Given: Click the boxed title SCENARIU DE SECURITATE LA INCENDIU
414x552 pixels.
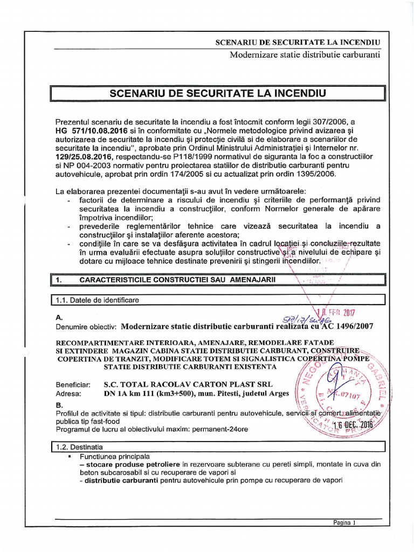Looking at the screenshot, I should (218, 93).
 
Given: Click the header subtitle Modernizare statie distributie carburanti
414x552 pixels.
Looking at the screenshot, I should (305, 54).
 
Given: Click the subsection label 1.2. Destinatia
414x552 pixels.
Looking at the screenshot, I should (81, 447).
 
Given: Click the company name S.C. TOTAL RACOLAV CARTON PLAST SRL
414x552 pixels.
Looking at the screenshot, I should (188, 384).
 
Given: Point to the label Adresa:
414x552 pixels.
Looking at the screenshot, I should (67, 393).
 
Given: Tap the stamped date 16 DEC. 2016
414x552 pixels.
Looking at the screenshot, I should (353, 425).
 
